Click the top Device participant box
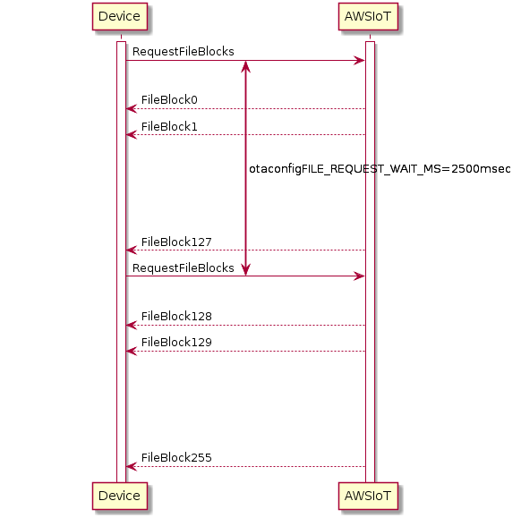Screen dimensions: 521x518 tap(120, 17)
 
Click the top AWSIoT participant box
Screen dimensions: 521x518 tap(368, 17)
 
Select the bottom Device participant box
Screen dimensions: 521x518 tap(120, 497)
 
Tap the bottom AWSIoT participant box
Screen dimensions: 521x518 tap(368, 497)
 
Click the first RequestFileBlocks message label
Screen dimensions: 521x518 tap(184, 52)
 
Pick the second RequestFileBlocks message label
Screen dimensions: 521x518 tap(184, 268)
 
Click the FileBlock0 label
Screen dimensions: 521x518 tap(169, 99)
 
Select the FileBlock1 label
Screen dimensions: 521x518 tap(169, 126)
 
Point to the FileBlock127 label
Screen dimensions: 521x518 tap(176, 242)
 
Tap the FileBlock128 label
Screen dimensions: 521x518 tap(176, 317)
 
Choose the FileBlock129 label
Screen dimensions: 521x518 tap(176, 343)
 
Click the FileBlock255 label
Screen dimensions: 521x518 tap(176, 457)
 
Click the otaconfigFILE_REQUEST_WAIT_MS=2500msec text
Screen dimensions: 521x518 tap(380, 169)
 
